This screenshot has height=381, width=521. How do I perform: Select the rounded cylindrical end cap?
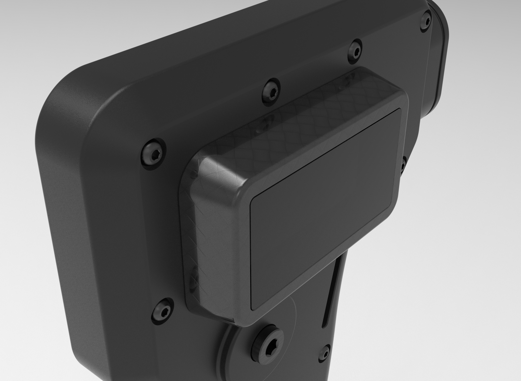coord(437,54)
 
